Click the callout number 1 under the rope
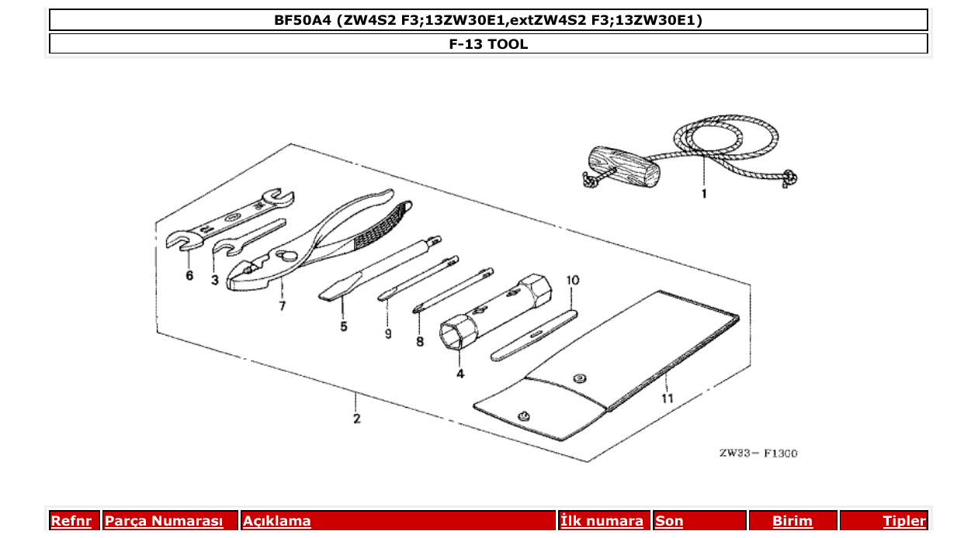pos(704,194)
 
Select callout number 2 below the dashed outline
pos(356,419)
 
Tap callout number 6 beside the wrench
pos(189,276)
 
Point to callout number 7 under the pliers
pos(283,306)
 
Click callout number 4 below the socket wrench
pos(460,374)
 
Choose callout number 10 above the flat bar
pos(573,279)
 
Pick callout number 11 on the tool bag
pos(668,398)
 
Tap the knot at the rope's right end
pos(789,178)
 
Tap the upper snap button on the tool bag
pos(578,378)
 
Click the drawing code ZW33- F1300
pos(758,454)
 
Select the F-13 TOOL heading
pos(488,44)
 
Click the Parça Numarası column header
pos(164,522)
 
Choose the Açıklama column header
pos(277,522)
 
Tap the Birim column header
pos(792,522)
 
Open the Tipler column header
pos(903,522)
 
